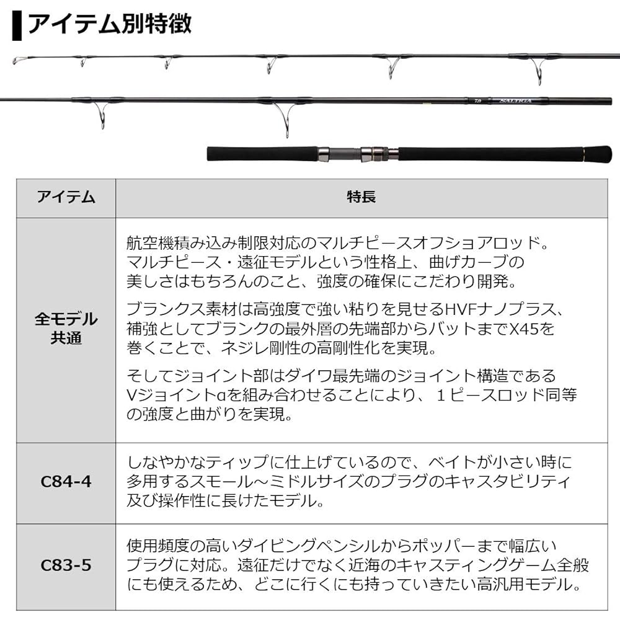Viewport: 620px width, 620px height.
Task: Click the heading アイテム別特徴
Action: point(110,24)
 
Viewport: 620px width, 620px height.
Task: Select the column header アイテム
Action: point(66,197)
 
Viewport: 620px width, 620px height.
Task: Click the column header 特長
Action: point(361,197)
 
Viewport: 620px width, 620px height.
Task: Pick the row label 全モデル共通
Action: point(66,329)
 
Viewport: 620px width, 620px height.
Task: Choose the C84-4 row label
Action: point(66,482)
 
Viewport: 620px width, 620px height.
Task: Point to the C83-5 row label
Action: point(66,565)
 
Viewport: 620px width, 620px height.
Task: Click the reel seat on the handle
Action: point(359,153)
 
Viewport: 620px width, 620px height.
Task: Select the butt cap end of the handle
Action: point(598,153)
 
